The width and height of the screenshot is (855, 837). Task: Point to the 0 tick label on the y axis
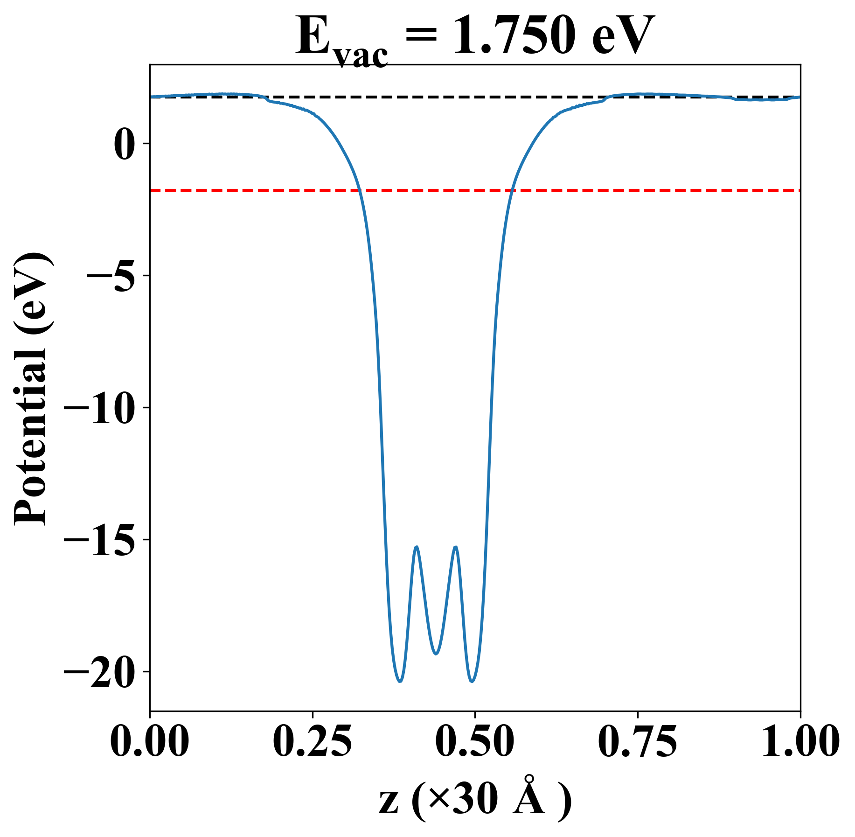[124, 144]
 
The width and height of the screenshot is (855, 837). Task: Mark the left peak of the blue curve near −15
[416, 547]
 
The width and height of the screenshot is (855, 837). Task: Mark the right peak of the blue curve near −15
[455, 547]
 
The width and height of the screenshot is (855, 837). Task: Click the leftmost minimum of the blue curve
[400, 682]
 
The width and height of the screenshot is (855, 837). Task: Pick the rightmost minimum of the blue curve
[472, 682]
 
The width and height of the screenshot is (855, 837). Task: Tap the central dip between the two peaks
[436, 654]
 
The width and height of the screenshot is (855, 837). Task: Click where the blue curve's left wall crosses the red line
[360, 190]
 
